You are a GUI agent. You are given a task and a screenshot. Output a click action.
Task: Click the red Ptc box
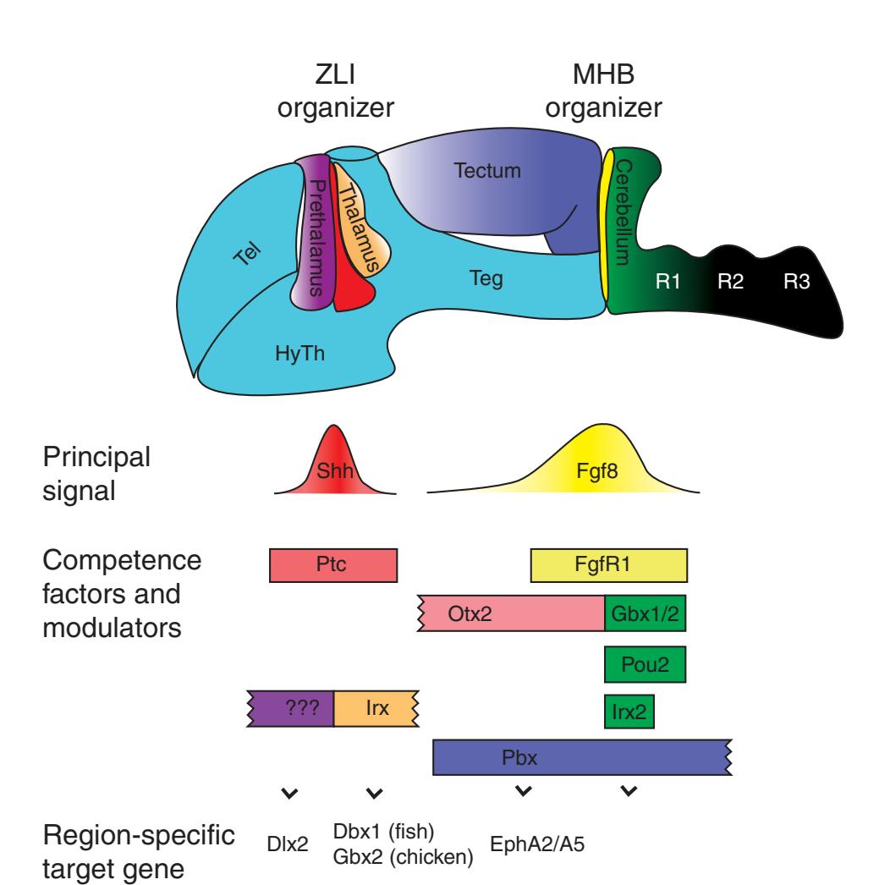(332, 565)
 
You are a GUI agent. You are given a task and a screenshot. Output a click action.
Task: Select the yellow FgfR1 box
(608, 565)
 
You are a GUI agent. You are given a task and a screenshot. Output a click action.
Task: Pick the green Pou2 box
(645, 663)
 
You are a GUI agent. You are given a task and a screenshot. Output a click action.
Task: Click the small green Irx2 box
(629, 711)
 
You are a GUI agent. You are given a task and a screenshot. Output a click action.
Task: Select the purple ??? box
(292, 709)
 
